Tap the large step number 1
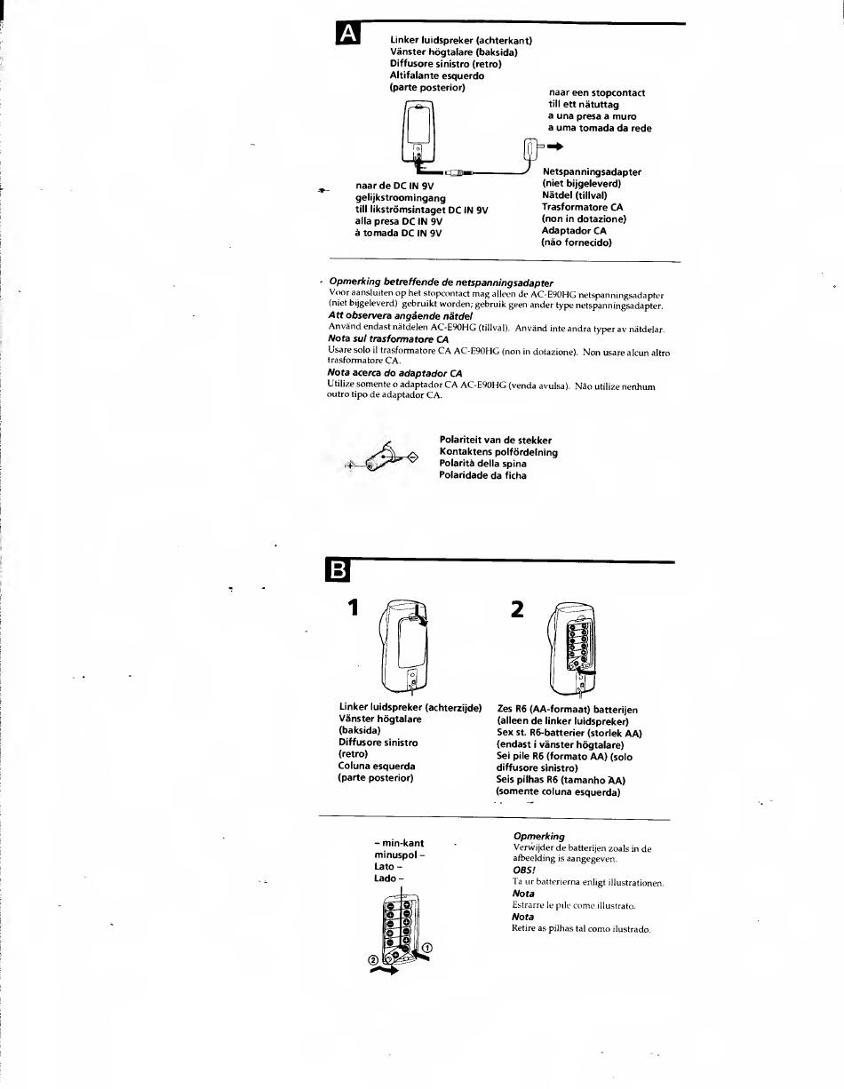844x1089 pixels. coord(354,608)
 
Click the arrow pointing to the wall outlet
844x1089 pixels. coord(555,146)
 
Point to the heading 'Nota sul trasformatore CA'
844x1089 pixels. coord(388,339)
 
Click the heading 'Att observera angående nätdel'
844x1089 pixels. coord(400,317)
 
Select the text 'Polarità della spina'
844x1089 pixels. coord(482,464)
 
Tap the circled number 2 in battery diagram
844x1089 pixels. coord(374,960)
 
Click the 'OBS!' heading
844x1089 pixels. coord(523,870)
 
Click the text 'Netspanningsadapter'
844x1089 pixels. coord(592,172)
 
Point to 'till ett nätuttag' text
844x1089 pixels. coord(584,105)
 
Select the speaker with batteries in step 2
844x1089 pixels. coord(571,646)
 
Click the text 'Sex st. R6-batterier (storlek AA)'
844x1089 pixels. coord(569,734)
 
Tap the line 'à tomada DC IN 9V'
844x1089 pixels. coord(398,234)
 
